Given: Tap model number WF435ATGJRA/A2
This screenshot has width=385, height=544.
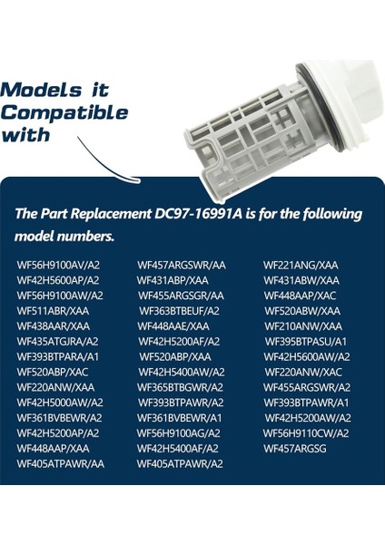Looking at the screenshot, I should [x=58, y=341].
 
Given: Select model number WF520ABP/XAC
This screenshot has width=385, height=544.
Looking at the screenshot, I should [x=53, y=372].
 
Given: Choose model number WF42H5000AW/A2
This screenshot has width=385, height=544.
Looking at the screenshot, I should [x=60, y=402].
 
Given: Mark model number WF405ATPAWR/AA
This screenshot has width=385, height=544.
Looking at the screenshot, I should [x=60, y=463].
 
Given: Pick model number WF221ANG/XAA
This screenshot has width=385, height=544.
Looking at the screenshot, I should [x=301, y=264].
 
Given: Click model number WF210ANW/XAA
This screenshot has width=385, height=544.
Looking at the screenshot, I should [x=303, y=325].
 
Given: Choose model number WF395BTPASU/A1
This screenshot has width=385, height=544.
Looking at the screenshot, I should [x=306, y=341].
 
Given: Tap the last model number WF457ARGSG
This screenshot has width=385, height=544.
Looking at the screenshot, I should [x=295, y=448].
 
